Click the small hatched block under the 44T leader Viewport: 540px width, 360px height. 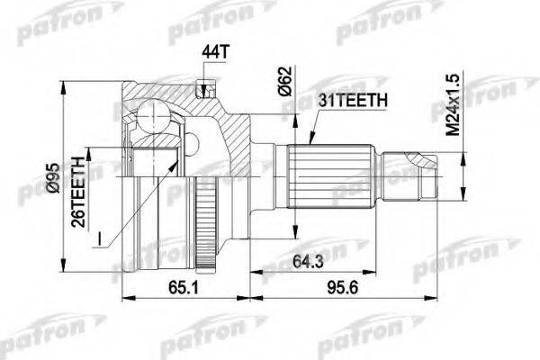[206, 89]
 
